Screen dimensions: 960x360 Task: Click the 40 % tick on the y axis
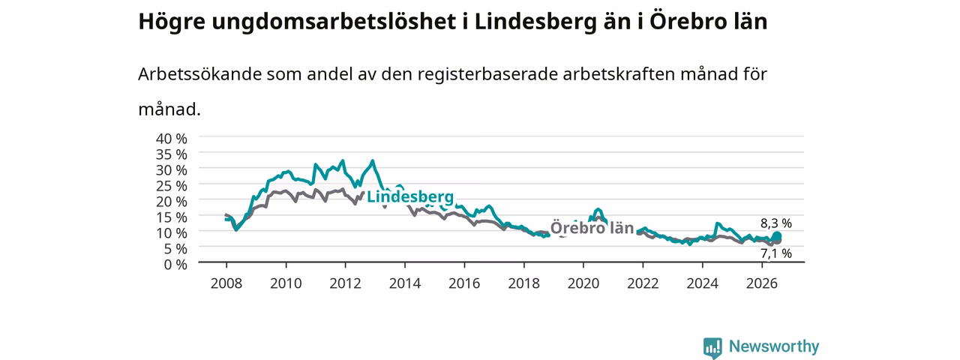pyautogui.click(x=172, y=139)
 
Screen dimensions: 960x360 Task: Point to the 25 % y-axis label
pyautogui.click(x=172, y=185)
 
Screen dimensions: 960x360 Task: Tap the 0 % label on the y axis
pyautogui.click(x=175, y=265)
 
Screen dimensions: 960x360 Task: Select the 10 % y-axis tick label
pyautogui.click(x=172, y=232)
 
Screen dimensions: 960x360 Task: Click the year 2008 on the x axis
pyautogui.click(x=226, y=283)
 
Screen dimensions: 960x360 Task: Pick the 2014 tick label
pyautogui.click(x=404, y=283)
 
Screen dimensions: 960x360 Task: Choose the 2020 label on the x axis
pyautogui.click(x=583, y=283)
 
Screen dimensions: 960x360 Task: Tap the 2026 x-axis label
pyautogui.click(x=761, y=283)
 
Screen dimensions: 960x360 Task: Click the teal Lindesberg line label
pyautogui.click(x=410, y=196)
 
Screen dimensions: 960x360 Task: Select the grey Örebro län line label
pyautogui.click(x=592, y=227)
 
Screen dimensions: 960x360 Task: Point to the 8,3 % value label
pyautogui.click(x=776, y=223)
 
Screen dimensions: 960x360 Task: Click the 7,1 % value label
pyautogui.click(x=776, y=253)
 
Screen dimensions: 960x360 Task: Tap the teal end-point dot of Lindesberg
pyautogui.click(x=776, y=236)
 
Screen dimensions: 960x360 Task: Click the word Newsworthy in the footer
pyautogui.click(x=774, y=346)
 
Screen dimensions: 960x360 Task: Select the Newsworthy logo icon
pyautogui.click(x=712, y=347)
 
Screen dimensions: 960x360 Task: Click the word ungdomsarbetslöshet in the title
pyautogui.click(x=334, y=22)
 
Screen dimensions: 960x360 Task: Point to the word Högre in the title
pyautogui.click(x=172, y=22)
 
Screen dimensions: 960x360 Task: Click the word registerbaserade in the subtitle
pyautogui.click(x=487, y=74)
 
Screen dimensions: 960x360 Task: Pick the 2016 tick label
pyautogui.click(x=464, y=283)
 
